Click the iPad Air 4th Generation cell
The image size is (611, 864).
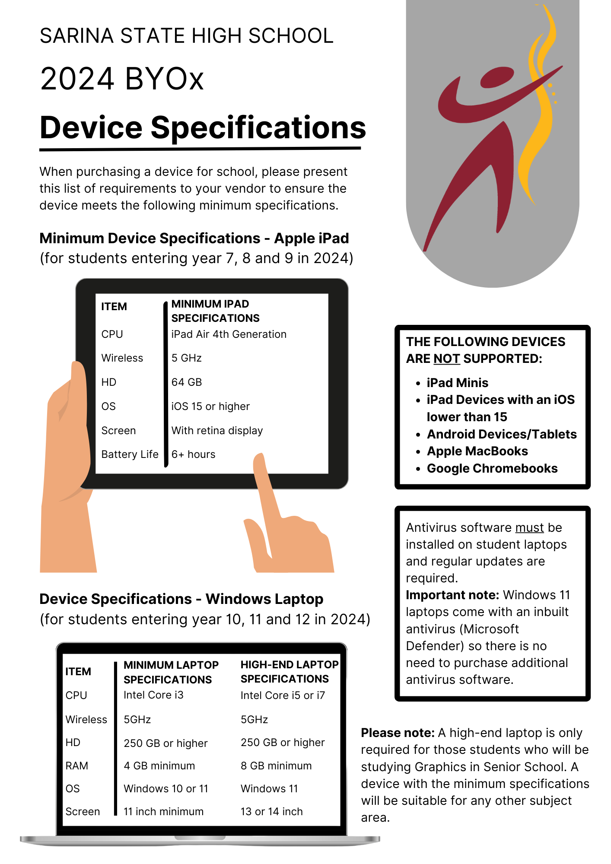[x=229, y=334]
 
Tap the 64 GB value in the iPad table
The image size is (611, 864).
[x=187, y=382]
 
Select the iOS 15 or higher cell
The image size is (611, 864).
[x=210, y=407]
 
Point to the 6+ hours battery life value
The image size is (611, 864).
[x=193, y=454]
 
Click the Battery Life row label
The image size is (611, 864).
[x=130, y=454]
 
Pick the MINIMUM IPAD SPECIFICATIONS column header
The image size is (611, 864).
[x=215, y=311]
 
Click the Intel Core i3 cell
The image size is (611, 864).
[x=153, y=695]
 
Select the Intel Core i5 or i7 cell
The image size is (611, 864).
[x=283, y=696]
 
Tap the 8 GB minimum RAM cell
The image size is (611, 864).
[x=276, y=766]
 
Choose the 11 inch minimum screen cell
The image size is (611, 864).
[x=163, y=812]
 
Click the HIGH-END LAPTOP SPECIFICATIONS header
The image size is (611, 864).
[x=289, y=672]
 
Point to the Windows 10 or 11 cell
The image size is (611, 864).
[x=166, y=789]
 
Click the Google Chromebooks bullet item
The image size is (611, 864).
[x=492, y=469]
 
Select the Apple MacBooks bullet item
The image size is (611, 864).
[x=477, y=451]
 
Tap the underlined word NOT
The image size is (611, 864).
[x=447, y=359]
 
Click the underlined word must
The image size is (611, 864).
[x=529, y=528]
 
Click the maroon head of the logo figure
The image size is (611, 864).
[x=497, y=77]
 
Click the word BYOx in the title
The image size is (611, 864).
[x=164, y=79]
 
